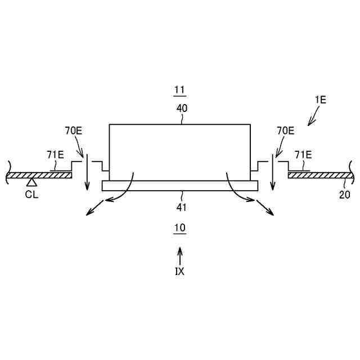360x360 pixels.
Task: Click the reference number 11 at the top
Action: pos(180,90)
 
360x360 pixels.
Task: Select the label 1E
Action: pos(320,100)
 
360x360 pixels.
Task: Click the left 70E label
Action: pos(73,131)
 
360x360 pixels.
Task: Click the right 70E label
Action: pos(285,131)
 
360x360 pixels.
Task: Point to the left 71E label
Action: pos(55,155)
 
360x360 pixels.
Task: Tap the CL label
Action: pos(31,195)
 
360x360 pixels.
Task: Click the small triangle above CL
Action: pos(32,182)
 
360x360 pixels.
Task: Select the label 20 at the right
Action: pos(344,195)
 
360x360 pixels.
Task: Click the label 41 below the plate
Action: pos(181,207)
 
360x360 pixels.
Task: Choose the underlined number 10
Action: pos(180,228)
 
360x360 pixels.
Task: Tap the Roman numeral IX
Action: pos(180,271)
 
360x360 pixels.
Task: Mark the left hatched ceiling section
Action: pos(39,175)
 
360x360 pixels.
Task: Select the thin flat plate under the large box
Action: pos(180,186)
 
